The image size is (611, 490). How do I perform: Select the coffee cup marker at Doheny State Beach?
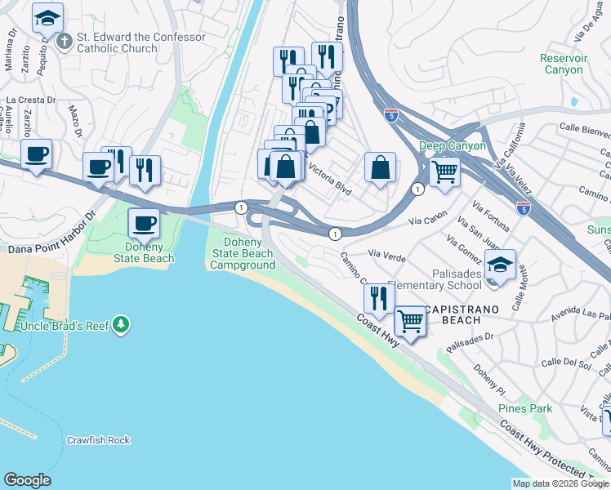click(x=145, y=224)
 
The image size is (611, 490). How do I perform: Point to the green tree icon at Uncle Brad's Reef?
click(x=122, y=325)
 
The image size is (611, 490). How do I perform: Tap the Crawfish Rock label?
click(x=98, y=440)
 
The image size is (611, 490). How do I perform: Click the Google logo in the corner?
click(x=27, y=480)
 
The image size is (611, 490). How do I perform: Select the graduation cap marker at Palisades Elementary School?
click(x=500, y=265)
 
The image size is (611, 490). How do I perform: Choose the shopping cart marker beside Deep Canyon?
click(x=444, y=172)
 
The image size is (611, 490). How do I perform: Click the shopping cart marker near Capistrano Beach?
click(x=410, y=322)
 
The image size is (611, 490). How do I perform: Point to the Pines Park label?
click(x=525, y=408)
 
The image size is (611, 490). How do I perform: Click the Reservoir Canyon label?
click(x=563, y=64)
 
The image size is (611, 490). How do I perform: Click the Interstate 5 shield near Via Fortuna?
click(x=523, y=209)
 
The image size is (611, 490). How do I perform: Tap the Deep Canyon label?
click(x=453, y=146)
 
